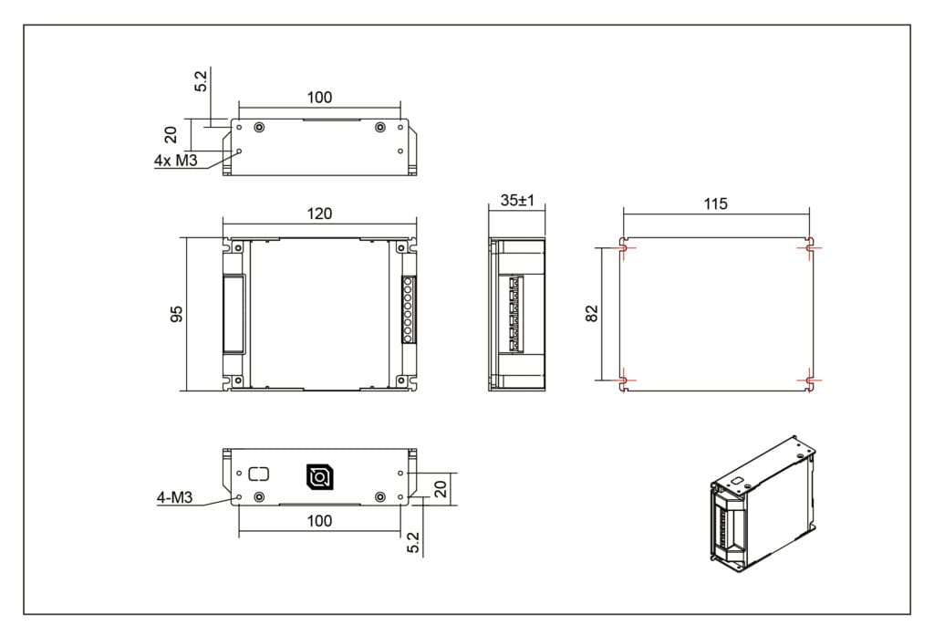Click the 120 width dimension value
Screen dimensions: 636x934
(x=319, y=214)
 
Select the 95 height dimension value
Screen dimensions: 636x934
(x=178, y=313)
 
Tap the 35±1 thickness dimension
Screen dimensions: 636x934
(x=516, y=201)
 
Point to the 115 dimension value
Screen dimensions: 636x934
(x=716, y=203)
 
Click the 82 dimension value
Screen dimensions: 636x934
(x=592, y=313)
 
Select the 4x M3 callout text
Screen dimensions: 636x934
(x=176, y=162)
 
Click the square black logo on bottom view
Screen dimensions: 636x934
(x=319, y=476)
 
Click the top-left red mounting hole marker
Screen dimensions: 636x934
(x=623, y=247)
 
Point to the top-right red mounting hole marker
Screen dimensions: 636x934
(x=809, y=247)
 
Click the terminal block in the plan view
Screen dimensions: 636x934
(x=409, y=310)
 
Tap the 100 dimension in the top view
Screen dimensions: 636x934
(x=319, y=98)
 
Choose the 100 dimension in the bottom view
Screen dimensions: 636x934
(x=319, y=521)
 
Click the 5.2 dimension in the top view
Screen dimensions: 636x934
(x=202, y=80)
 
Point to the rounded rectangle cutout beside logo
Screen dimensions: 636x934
(x=260, y=474)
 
